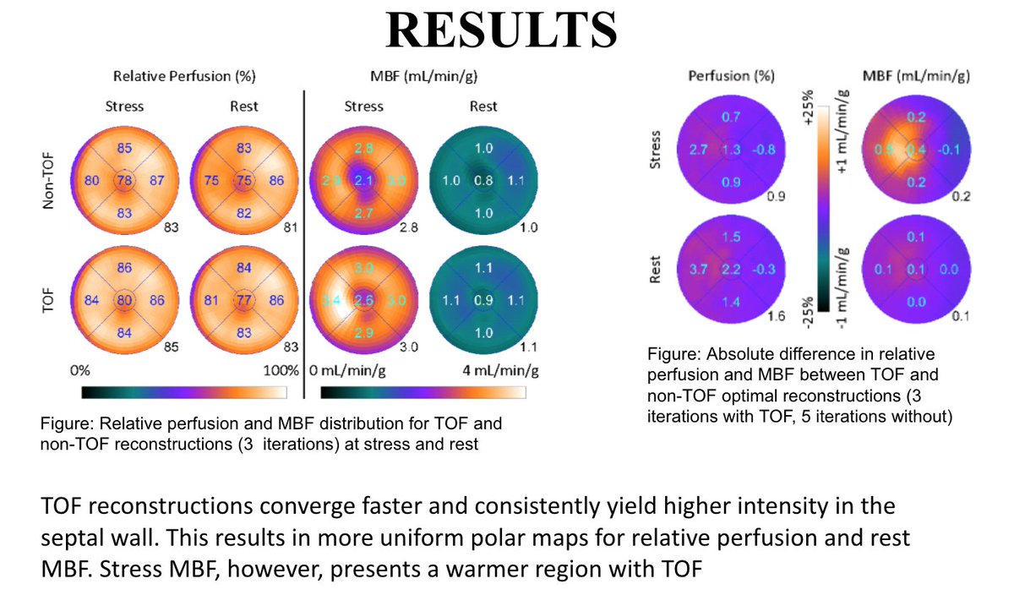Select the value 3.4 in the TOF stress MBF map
coord(331,299)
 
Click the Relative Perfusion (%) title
coord(183,77)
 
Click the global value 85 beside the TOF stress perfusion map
coord(170,346)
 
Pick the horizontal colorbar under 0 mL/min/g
coord(423,392)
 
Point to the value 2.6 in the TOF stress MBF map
coord(364,299)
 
